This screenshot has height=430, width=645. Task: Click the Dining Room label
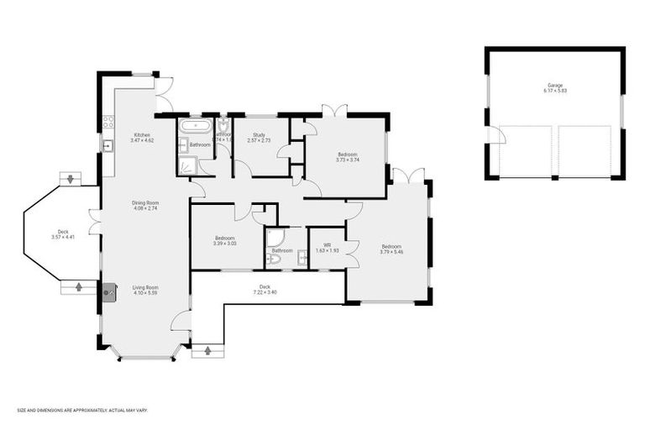pos(144,204)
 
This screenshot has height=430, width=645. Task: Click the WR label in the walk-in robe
pos(326,247)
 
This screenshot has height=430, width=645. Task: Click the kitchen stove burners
pos(107,123)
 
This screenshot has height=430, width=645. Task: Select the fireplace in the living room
pos(107,292)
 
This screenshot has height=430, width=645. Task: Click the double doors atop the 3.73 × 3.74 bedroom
pos(333,110)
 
